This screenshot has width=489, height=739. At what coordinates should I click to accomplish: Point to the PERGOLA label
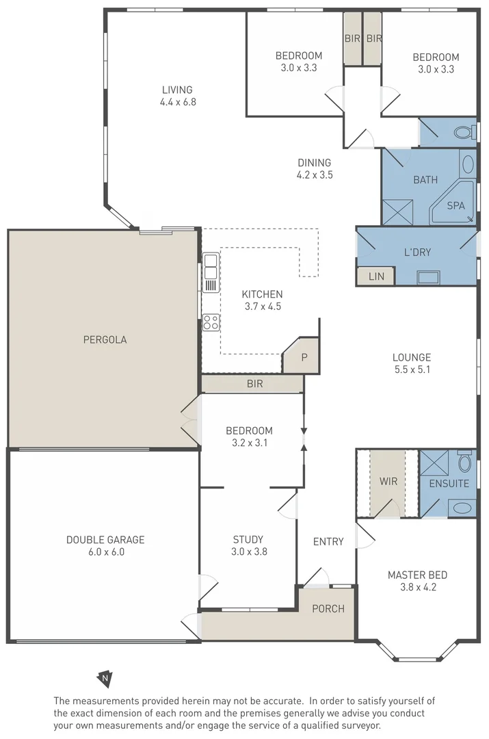[x=105, y=339]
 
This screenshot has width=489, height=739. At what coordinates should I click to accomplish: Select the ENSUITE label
[x=449, y=483]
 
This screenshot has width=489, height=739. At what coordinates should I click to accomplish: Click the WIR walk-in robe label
[x=388, y=481]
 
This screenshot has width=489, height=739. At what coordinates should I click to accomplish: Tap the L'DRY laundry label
[x=417, y=252]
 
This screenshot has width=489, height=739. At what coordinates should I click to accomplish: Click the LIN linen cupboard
[x=376, y=276]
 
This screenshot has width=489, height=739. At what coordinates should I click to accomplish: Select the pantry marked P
[x=304, y=357]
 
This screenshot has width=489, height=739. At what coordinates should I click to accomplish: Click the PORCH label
[x=328, y=608]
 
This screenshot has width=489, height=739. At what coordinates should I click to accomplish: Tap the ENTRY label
[x=328, y=542]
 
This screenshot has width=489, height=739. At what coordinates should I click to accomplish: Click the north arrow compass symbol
[x=104, y=678]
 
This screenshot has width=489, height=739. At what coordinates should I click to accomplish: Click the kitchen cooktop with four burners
[x=211, y=322]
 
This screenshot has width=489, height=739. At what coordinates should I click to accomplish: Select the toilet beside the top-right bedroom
[x=464, y=131]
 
